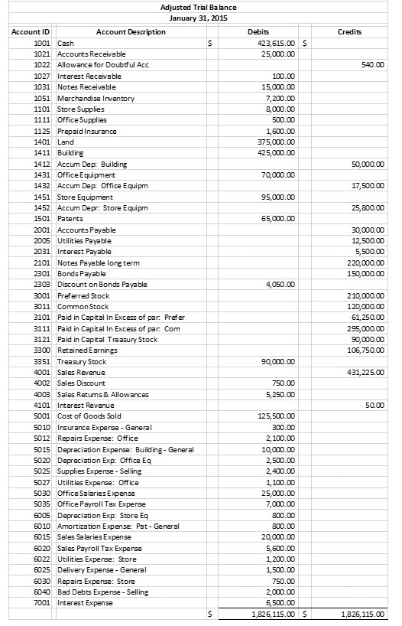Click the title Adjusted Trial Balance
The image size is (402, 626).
click(x=199, y=8)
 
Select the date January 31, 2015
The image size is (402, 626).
click(x=199, y=18)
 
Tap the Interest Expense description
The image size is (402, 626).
click(x=86, y=603)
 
